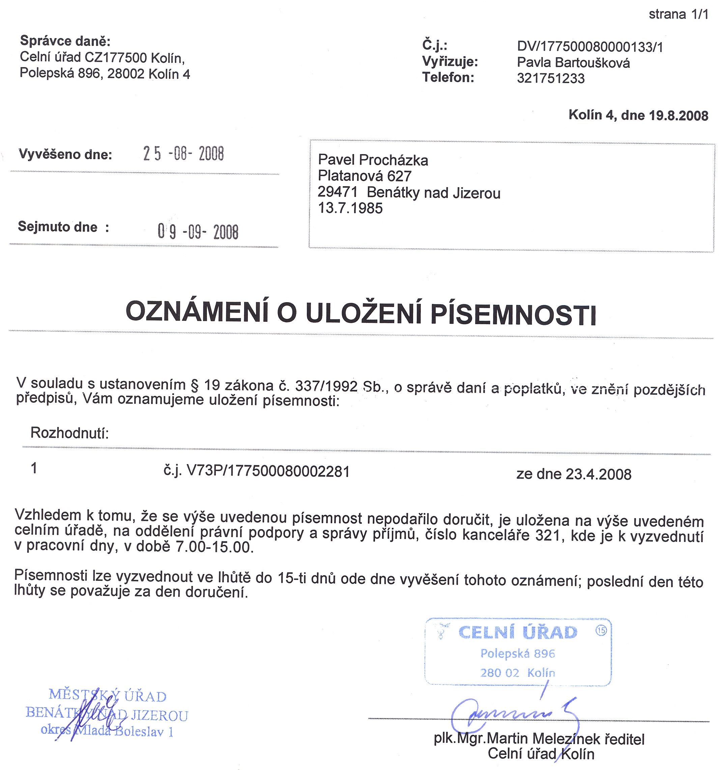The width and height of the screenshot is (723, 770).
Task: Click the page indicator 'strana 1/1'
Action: click(678, 14)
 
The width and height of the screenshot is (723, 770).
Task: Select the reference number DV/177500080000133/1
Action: click(590, 47)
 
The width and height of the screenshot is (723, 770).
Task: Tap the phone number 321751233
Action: click(551, 79)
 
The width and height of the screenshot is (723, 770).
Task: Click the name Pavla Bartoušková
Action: click(573, 63)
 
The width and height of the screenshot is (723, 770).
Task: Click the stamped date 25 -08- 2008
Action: click(183, 154)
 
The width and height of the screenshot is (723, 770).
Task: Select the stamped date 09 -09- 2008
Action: click(198, 232)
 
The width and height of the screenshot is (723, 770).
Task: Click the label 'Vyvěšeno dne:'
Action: click(65, 154)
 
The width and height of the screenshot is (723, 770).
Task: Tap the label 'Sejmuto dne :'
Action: click(63, 227)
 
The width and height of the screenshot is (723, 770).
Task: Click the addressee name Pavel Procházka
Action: click(373, 160)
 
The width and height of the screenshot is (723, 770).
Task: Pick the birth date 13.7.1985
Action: click(350, 208)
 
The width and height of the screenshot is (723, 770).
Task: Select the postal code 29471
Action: click(337, 192)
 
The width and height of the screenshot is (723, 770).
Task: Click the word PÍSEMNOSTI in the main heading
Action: click(513, 314)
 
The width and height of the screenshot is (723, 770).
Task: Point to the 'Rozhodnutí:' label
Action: click(70, 433)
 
